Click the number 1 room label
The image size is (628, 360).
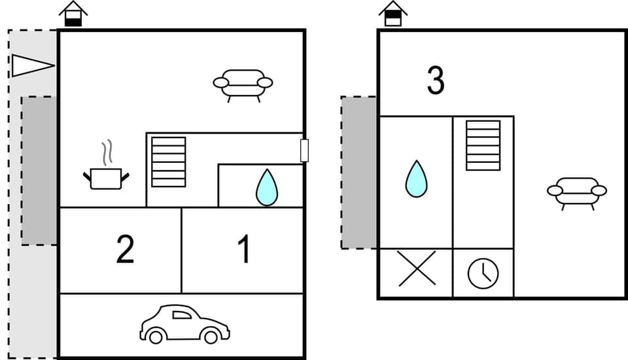click(243, 250)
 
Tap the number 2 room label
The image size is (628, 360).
click(125, 250)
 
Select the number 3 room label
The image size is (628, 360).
click(436, 81)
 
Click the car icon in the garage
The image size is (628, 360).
click(184, 324)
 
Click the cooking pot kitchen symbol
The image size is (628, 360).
click(106, 177)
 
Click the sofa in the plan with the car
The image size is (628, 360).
click(243, 84)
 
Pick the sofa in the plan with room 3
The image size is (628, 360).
click(576, 192)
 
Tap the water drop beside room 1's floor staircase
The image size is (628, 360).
click(266, 187)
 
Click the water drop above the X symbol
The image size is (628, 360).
click(416, 179)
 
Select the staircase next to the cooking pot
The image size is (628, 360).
click(169, 162)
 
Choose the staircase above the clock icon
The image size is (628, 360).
click(483, 145)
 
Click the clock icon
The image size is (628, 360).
click(483, 273)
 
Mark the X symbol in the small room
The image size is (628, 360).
click(417, 268)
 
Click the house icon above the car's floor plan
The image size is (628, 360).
click(73, 14)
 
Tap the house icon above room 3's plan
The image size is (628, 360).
click(392, 14)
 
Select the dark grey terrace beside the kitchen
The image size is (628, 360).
click(39, 170)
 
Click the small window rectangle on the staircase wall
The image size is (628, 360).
click(304, 150)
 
